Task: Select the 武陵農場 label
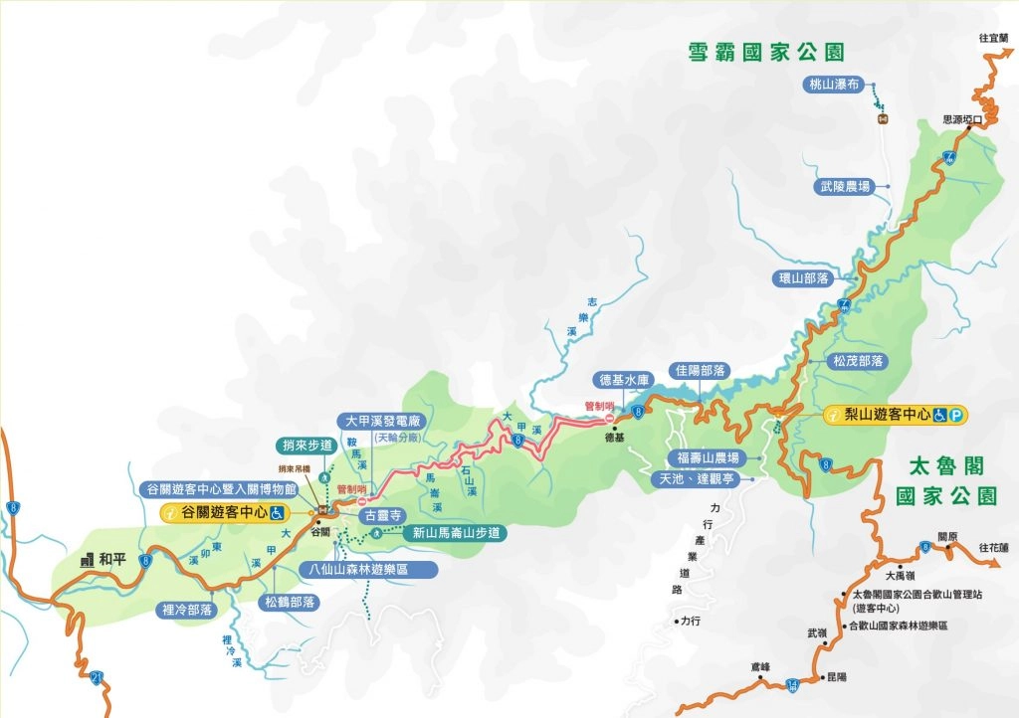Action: point(845,186)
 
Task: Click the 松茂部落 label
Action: point(859,361)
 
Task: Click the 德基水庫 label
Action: point(624,380)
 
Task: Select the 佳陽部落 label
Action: point(700,370)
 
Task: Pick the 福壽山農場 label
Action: point(706,458)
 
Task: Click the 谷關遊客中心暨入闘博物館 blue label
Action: point(222,488)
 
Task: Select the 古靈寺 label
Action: point(383,515)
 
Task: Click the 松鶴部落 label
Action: point(290,602)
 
